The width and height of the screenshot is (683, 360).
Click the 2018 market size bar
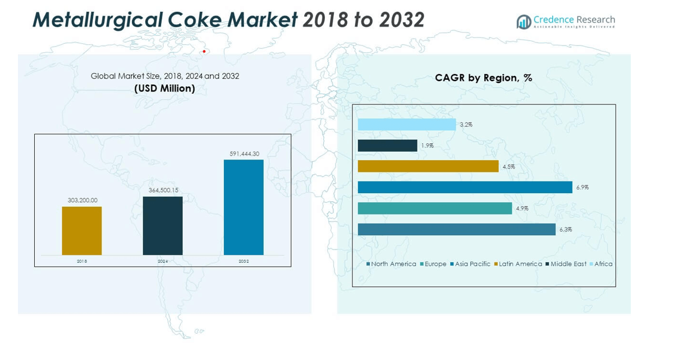pos(82,230)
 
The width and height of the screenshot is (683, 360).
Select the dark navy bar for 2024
pos(163,225)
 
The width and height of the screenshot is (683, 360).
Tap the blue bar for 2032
pos(244,207)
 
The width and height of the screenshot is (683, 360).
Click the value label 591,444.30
pos(244,153)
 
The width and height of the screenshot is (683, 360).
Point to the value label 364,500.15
pos(163,190)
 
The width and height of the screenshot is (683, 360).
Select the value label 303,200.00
pos(82,200)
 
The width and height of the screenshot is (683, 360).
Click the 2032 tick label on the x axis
pos(244,261)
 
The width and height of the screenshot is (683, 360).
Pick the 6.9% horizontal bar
pos(465,187)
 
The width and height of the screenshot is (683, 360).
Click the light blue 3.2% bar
pos(407,125)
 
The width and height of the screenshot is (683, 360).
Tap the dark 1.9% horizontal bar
pos(387,145)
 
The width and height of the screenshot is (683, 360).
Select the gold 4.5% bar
pos(428,166)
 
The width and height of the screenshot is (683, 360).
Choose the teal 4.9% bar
pos(435,208)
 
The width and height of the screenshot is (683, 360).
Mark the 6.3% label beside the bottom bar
pos(566,229)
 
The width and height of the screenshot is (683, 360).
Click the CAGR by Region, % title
pos(483,78)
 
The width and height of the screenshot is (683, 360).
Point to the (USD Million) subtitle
pos(164,88)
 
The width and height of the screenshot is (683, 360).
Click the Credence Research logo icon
pos(524,22)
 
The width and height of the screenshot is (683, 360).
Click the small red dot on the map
pos(204,52)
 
